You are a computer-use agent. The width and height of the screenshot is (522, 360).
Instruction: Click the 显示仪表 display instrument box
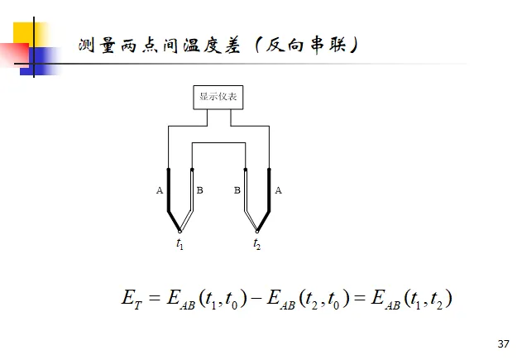pos(218,98)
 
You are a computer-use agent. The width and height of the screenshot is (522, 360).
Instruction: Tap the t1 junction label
pos(180,244)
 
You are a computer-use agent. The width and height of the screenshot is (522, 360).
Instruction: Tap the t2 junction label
pos(257,244)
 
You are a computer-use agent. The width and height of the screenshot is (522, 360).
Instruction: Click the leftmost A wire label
pos(159,190)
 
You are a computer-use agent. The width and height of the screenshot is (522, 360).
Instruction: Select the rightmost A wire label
pos(278,190)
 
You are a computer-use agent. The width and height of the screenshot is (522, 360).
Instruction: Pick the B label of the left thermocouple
pos(199,190)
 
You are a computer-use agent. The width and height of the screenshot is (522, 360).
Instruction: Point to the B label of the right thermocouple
pos(237,190)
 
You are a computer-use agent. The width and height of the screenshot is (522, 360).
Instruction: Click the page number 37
pos(504,343)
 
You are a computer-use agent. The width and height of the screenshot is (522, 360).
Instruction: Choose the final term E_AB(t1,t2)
pos(411,300)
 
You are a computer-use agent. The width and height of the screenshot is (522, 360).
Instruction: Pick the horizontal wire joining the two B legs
pos(218,143)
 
